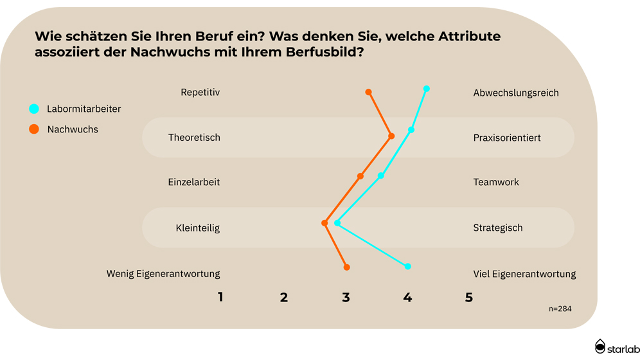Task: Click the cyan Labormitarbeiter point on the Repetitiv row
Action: pyautogui.click(x=427, y=89)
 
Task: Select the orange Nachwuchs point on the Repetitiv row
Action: pyautogui.click(x=369, y=92)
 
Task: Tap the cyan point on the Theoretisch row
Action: pyautogui.click(x=411, y=130)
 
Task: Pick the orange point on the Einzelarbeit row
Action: pyautogui.click(x=360, y=176)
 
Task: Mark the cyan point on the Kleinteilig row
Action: pyautogui.click(x=337, y=223)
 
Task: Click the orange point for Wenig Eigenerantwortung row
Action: pyautogui.click(x=347, y=267)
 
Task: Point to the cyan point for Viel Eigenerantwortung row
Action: pyautogui.click(x=408, y=266)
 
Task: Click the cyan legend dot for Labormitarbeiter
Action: pyautogui.click(x=34, y=109)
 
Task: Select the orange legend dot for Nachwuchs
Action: pyautogui.click(x=34, y=129)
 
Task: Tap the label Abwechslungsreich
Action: pyautogui.click(x=515, y=93)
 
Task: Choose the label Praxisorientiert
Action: pyautogui.click(x=506, y=138)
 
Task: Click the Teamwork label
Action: pyautogui.click(x=495, y=182)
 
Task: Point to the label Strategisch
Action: pyautogui.click(x=497, y=228)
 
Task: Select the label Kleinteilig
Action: pyautogui.click(x=197, y=228)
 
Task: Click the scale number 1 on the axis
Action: pyautogui.click(x=220, y=298)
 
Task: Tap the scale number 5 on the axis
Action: pyautogui.click(x=469, y=298)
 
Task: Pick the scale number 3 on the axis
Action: pyautogui.click(x=346, y=298)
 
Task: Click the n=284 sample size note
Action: pyautogui.click(x=560, y=309)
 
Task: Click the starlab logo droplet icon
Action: pyautogui.click(x=600, y=346)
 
